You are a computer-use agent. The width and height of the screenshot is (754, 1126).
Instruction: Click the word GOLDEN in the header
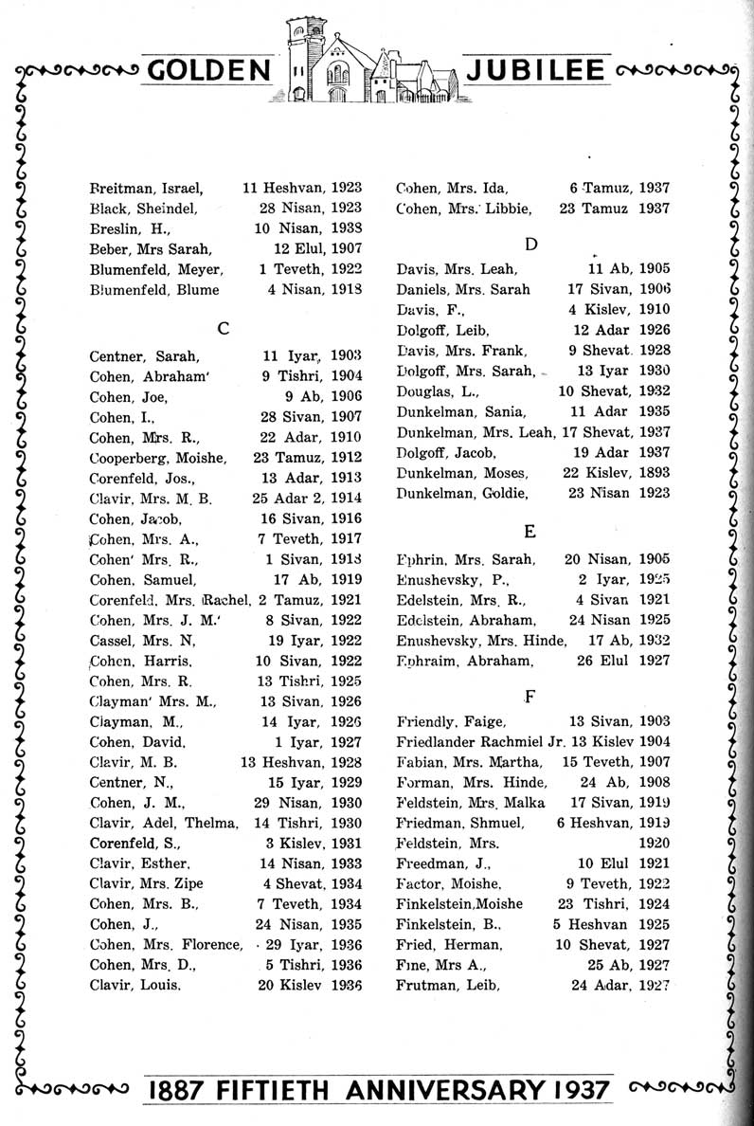pyautogui.click(x=209, y=72)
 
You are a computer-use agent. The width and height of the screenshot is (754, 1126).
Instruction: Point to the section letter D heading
pyautogui.click(x=530, y=245)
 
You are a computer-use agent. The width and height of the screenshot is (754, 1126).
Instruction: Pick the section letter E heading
pyautogui.click(x=530, y=530)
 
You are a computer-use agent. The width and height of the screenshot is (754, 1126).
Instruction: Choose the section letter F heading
pyautogui.click(x=530, y=696)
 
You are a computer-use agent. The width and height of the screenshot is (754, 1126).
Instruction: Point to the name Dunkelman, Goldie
pyautogui.click(x=461, y=493)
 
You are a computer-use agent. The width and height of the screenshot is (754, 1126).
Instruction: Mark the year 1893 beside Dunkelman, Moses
pyautogui.click(x=653, y=472)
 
